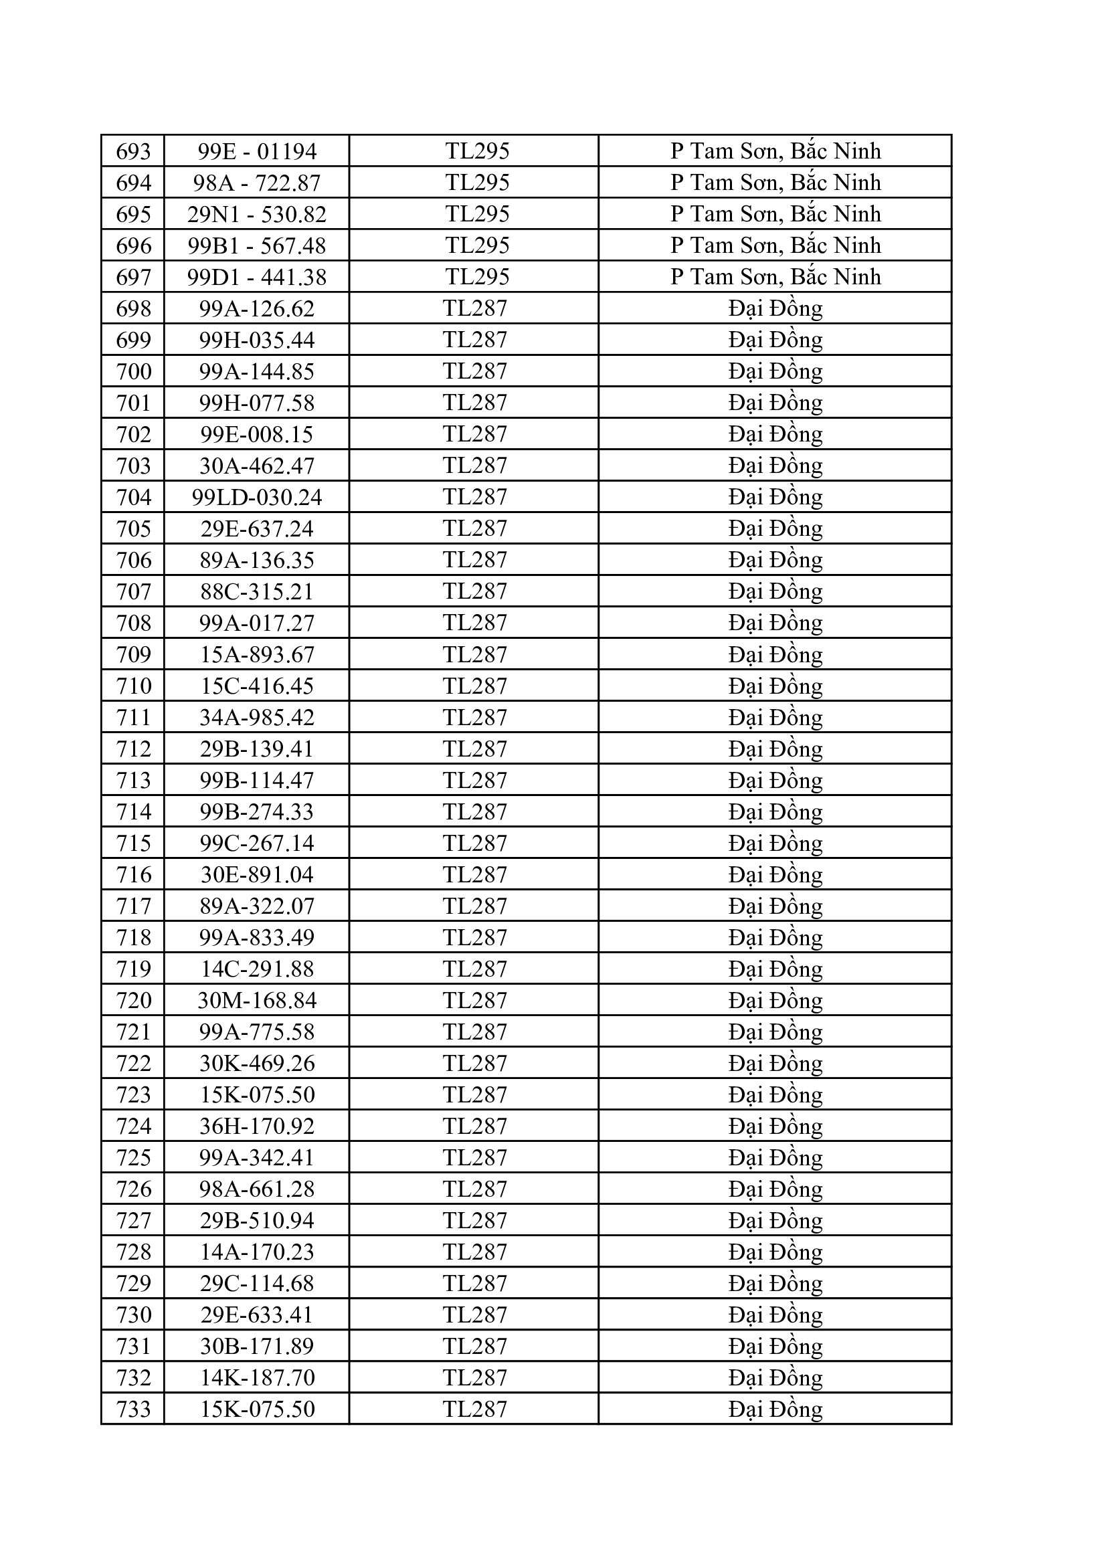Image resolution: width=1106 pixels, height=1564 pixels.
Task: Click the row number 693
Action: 133,151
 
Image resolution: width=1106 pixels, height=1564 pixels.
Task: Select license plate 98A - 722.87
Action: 256,183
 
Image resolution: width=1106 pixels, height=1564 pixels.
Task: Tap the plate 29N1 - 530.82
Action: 256,215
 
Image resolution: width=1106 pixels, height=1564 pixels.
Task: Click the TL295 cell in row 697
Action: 477,276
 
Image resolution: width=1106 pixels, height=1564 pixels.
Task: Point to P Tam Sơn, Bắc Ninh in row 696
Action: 775,246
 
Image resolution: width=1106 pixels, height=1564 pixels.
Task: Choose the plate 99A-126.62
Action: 256,308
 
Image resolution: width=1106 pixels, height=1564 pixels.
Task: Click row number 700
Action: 133,371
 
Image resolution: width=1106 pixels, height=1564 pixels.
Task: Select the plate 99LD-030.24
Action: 256,497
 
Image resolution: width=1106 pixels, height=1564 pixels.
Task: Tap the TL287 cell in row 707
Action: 475,591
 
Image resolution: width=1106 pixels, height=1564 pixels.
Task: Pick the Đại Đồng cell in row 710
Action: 775,686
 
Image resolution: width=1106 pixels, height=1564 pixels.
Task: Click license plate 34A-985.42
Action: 256,717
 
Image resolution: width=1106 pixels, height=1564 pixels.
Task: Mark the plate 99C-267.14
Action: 256,844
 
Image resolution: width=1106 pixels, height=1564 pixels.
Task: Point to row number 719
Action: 133,969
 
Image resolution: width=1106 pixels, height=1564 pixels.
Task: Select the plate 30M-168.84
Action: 256,1000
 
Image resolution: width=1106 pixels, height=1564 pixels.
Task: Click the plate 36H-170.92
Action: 256,1126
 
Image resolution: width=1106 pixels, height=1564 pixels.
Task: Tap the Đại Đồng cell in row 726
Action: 775,1189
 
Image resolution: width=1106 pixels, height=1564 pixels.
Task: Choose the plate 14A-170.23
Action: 256,1252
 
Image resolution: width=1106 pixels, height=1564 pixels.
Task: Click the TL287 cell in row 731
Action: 475,1346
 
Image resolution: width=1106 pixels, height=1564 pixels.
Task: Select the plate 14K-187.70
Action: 256,1377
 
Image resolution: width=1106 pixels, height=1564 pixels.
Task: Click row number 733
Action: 133,1409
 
